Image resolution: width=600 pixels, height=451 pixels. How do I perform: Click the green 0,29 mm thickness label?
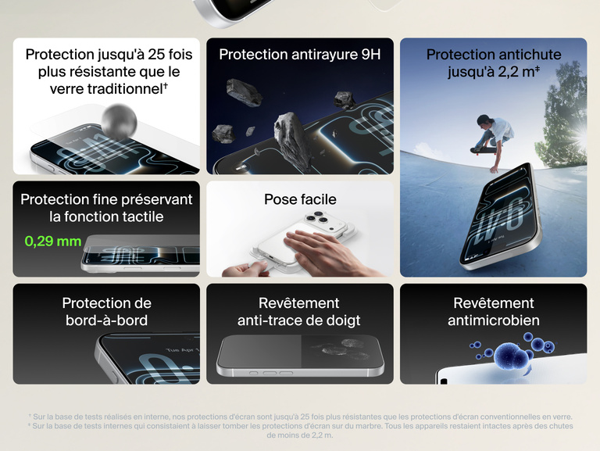tap(53, 241)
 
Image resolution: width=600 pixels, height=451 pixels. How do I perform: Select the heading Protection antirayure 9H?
tap(300, 55)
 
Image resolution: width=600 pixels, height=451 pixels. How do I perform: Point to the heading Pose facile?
tap(300, 199)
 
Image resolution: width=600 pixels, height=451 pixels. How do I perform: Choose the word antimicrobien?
tap(493, 320)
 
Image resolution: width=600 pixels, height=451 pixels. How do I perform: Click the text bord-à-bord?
tap(106, 320)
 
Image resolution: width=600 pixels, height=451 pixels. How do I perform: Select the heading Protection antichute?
tap(493, 55)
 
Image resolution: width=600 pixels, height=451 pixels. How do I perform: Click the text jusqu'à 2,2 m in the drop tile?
tap(493, 73)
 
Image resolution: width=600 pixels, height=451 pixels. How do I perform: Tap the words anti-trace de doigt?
tap(299, 320)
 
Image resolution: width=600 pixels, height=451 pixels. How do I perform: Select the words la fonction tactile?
tap(106, 217)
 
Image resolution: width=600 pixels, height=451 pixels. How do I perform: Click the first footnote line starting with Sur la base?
tap(300, 417)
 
